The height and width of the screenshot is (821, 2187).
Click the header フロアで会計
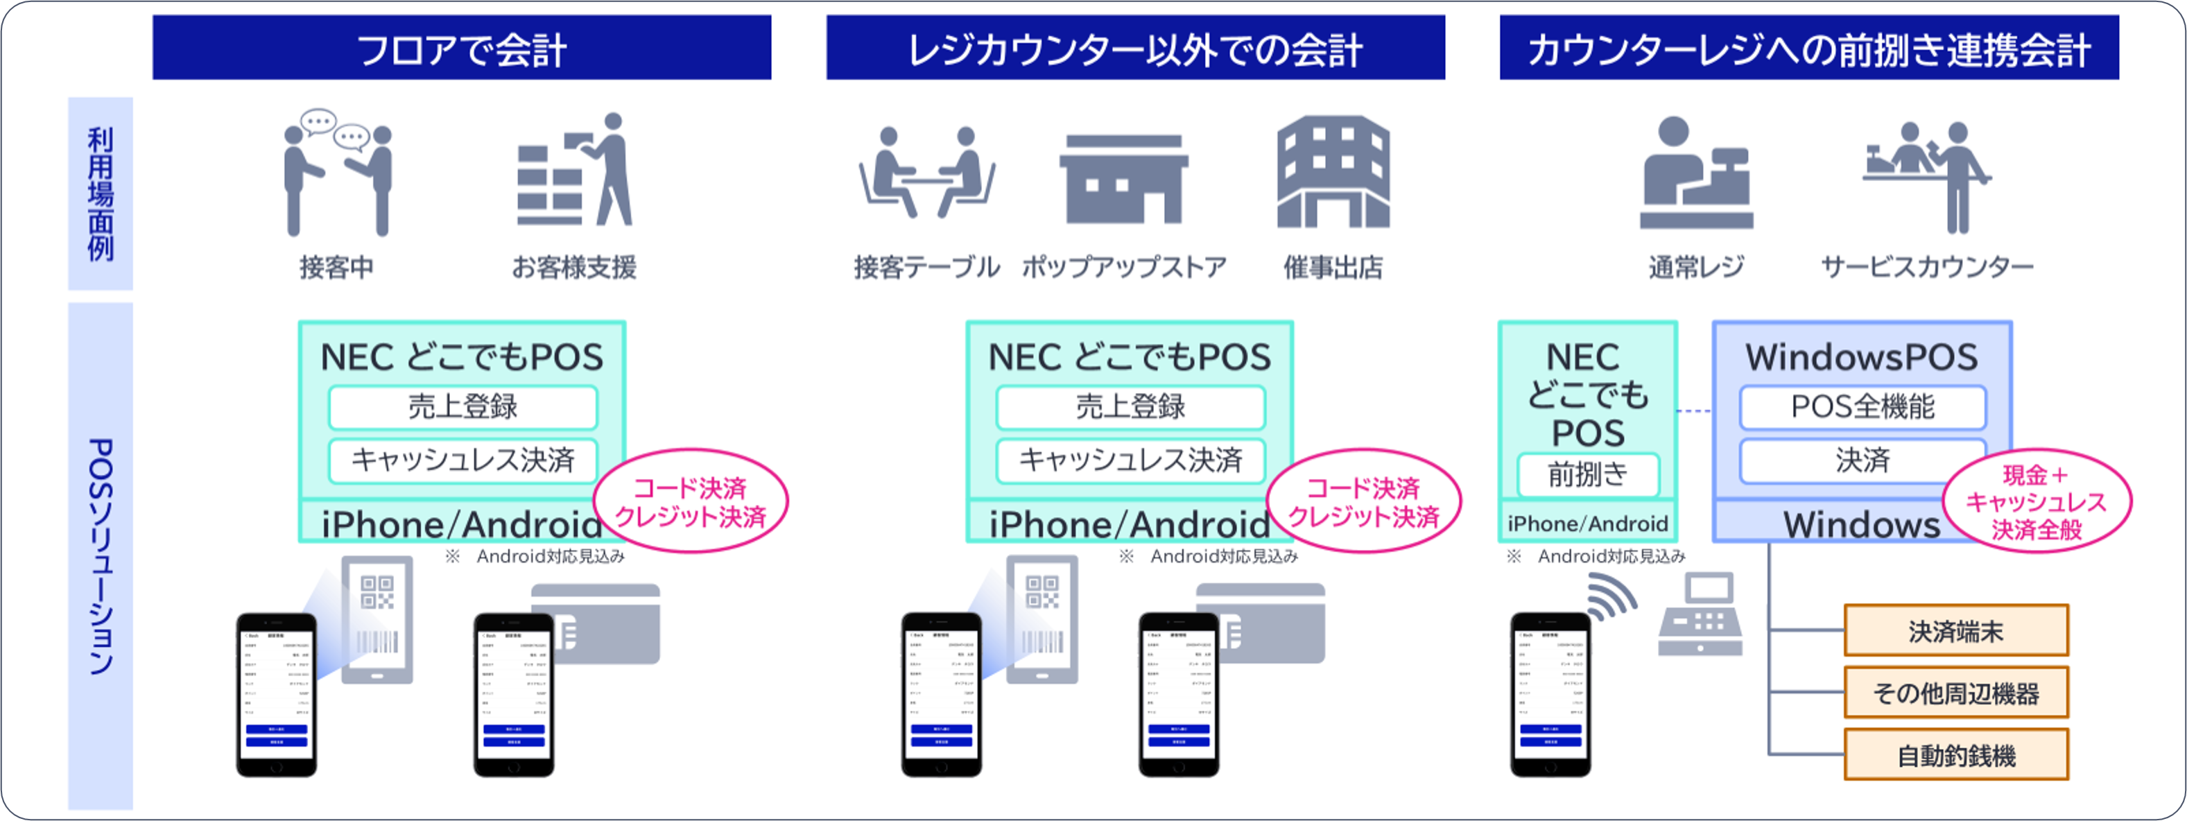[462, 49]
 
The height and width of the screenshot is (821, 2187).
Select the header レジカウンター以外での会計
[1135, 49]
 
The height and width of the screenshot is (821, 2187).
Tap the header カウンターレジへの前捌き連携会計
[1808, 49]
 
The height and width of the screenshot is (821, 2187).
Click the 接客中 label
[336, 268]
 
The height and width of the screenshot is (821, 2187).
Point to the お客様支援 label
[574, 268]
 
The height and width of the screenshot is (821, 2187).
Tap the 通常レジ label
[1695, 268]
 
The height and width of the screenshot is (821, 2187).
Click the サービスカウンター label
[1926, 268]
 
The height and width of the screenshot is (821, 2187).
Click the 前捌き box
[1588, 474]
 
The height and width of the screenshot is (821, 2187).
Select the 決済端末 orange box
[1956, 631]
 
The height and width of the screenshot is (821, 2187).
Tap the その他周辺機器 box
[1956, 693]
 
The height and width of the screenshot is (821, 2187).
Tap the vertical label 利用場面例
[100, 194]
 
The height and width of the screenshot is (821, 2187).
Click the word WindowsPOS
[1862, 357]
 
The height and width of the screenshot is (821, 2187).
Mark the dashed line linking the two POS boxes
[1695, 411]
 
